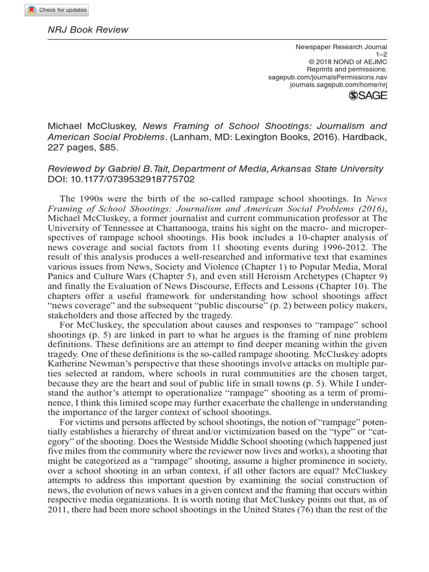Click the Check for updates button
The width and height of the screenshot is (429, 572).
pyautogui.click(x=56, y=10)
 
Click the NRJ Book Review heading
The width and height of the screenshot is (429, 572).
pyautogui.click(x=87, y=30)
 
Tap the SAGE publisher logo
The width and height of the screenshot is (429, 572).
pyautogui.click(x=368, y=96)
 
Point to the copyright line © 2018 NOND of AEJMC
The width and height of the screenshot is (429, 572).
pyautogui.click(x=347, y=62)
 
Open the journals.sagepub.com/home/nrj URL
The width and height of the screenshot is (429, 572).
pyautogui.click(x=339, y=84)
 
